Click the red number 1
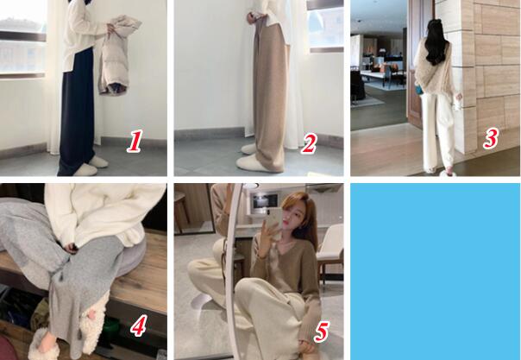pyautogui.click(x=135, y=142)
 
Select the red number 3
pyautogui.click(x=491, y=138)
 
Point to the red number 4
pyautogui.click(x=139, y=325)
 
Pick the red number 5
pyautogui.click(x=321, y=332)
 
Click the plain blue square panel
pyautogui.click(x=436, y=271)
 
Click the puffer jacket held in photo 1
pyautogui.click(x=118, y=55)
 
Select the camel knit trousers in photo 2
pyautogui.click(x=270, y=97)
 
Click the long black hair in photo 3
pyautogui.click(x=438, y=41)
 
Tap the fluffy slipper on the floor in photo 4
pyautogui.click(x=41, y=344)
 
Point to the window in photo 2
pyautogui.click(x=325, y=26)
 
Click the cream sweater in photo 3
pyautogui.click(x=436, y=72)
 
